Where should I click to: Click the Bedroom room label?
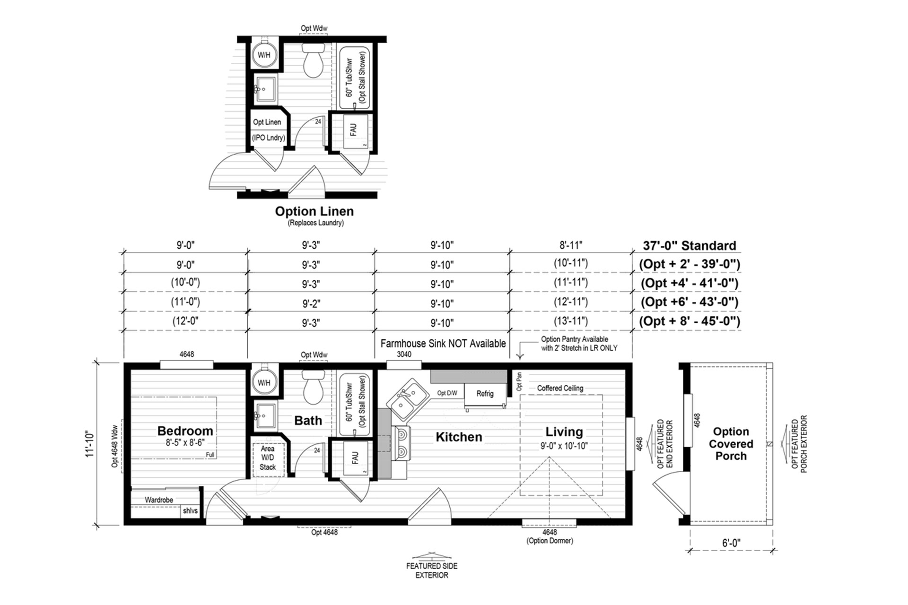[185, 431]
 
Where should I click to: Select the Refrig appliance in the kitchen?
[485, 394]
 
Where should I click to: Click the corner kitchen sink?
[408, 399]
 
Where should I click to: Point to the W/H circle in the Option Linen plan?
[264, 55]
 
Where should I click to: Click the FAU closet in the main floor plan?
[355, 458]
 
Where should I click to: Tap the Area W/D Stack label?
[267, 458]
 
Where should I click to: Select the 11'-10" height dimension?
[90, 443]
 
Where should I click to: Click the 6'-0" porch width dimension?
[731, 543]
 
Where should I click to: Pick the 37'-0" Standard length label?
[689, 246]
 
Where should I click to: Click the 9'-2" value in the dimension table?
[311, 303]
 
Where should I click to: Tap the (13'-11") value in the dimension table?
[571, 321]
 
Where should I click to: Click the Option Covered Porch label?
[731, 444]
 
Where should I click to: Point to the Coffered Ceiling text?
[560, 388]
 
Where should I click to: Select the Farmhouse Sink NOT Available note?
[443, 344]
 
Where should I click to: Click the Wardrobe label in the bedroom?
[159, 500]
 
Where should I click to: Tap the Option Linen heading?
[314, 211]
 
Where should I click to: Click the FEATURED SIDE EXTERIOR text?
[431, 570]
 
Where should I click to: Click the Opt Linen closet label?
[267, 122]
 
